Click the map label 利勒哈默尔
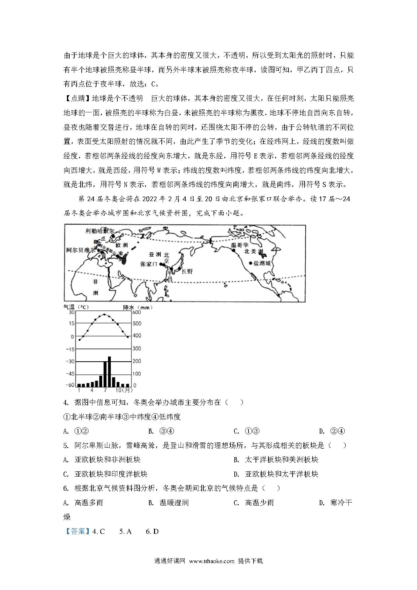pyautogui.click(x=100, y=231)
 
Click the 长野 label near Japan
pyautogui.click(x=187, y=272)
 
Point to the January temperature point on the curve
pyautogui.click(x=79, y=340)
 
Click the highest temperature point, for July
pyautogui.click(x=105, y=315)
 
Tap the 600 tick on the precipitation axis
pyautogui.click(x=137, y=312)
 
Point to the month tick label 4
pyautogui.click(x=92, y=390)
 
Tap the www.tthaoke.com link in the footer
pyautogui.click(x=212, y=561)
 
